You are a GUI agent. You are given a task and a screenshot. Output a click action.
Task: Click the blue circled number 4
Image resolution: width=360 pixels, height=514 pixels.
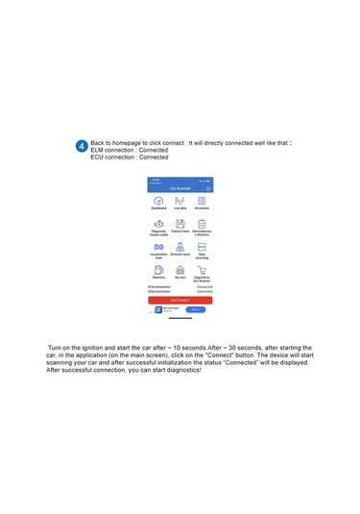(81, 146)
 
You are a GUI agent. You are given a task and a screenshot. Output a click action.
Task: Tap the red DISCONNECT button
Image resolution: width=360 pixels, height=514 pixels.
(180, 300)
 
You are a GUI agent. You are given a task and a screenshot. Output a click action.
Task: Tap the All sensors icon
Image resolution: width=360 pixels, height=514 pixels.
(202, 199)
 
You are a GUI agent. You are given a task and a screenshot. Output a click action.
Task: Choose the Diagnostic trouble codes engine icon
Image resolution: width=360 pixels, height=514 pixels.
(158, 223)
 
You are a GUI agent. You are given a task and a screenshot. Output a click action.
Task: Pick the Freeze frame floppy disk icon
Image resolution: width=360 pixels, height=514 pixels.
(180, 223)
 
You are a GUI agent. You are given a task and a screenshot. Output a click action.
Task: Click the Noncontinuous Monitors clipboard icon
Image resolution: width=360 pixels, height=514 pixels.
(202, 223)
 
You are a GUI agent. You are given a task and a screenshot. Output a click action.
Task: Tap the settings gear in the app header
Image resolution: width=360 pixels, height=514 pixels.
(209, 188)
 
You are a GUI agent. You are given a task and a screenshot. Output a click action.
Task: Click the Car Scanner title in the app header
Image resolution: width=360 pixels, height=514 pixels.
(180, 188)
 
